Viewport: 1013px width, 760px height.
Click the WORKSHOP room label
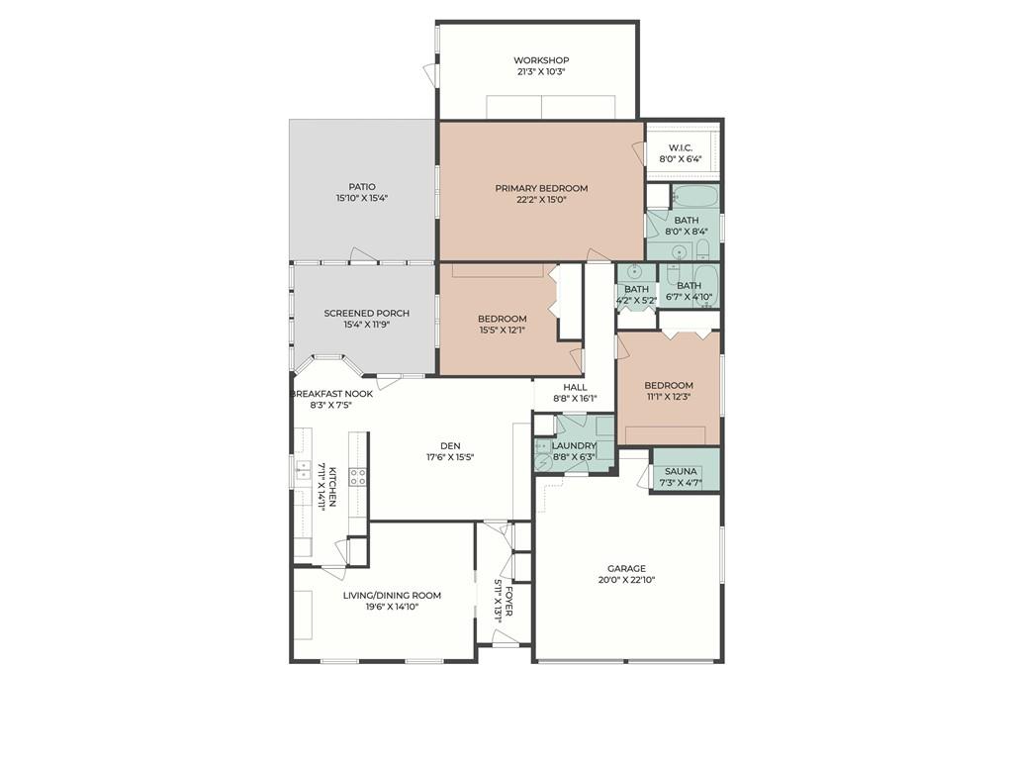(x=541, y=60)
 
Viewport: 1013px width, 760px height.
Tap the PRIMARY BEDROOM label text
(x=541, y=189)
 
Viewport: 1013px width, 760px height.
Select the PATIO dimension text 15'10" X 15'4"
(x=362, y=198)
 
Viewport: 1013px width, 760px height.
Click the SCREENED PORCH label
(x=366, y=314)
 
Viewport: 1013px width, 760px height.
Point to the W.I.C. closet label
(x=681, y=148)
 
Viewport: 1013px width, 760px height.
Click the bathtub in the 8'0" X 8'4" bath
(x=695, y=196)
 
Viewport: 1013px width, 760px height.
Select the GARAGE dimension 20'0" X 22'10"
(x=626, y=580)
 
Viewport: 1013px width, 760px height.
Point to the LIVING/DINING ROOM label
(x=392, y=595)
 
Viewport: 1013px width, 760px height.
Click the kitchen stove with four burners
(x=358, y=477)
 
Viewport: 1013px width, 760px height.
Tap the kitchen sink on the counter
(x=303, y=470)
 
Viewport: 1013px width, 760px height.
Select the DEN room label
(x=450, y=446)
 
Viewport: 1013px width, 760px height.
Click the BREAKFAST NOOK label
(x=332, y=394)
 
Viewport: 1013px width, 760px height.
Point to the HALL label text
(x=575, y=388)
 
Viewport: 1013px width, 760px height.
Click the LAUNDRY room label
(x=574, y=446)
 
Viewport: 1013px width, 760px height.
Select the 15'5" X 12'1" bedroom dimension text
(x=502, y=330)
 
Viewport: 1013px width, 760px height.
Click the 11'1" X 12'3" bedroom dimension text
(x=669, y=397)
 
